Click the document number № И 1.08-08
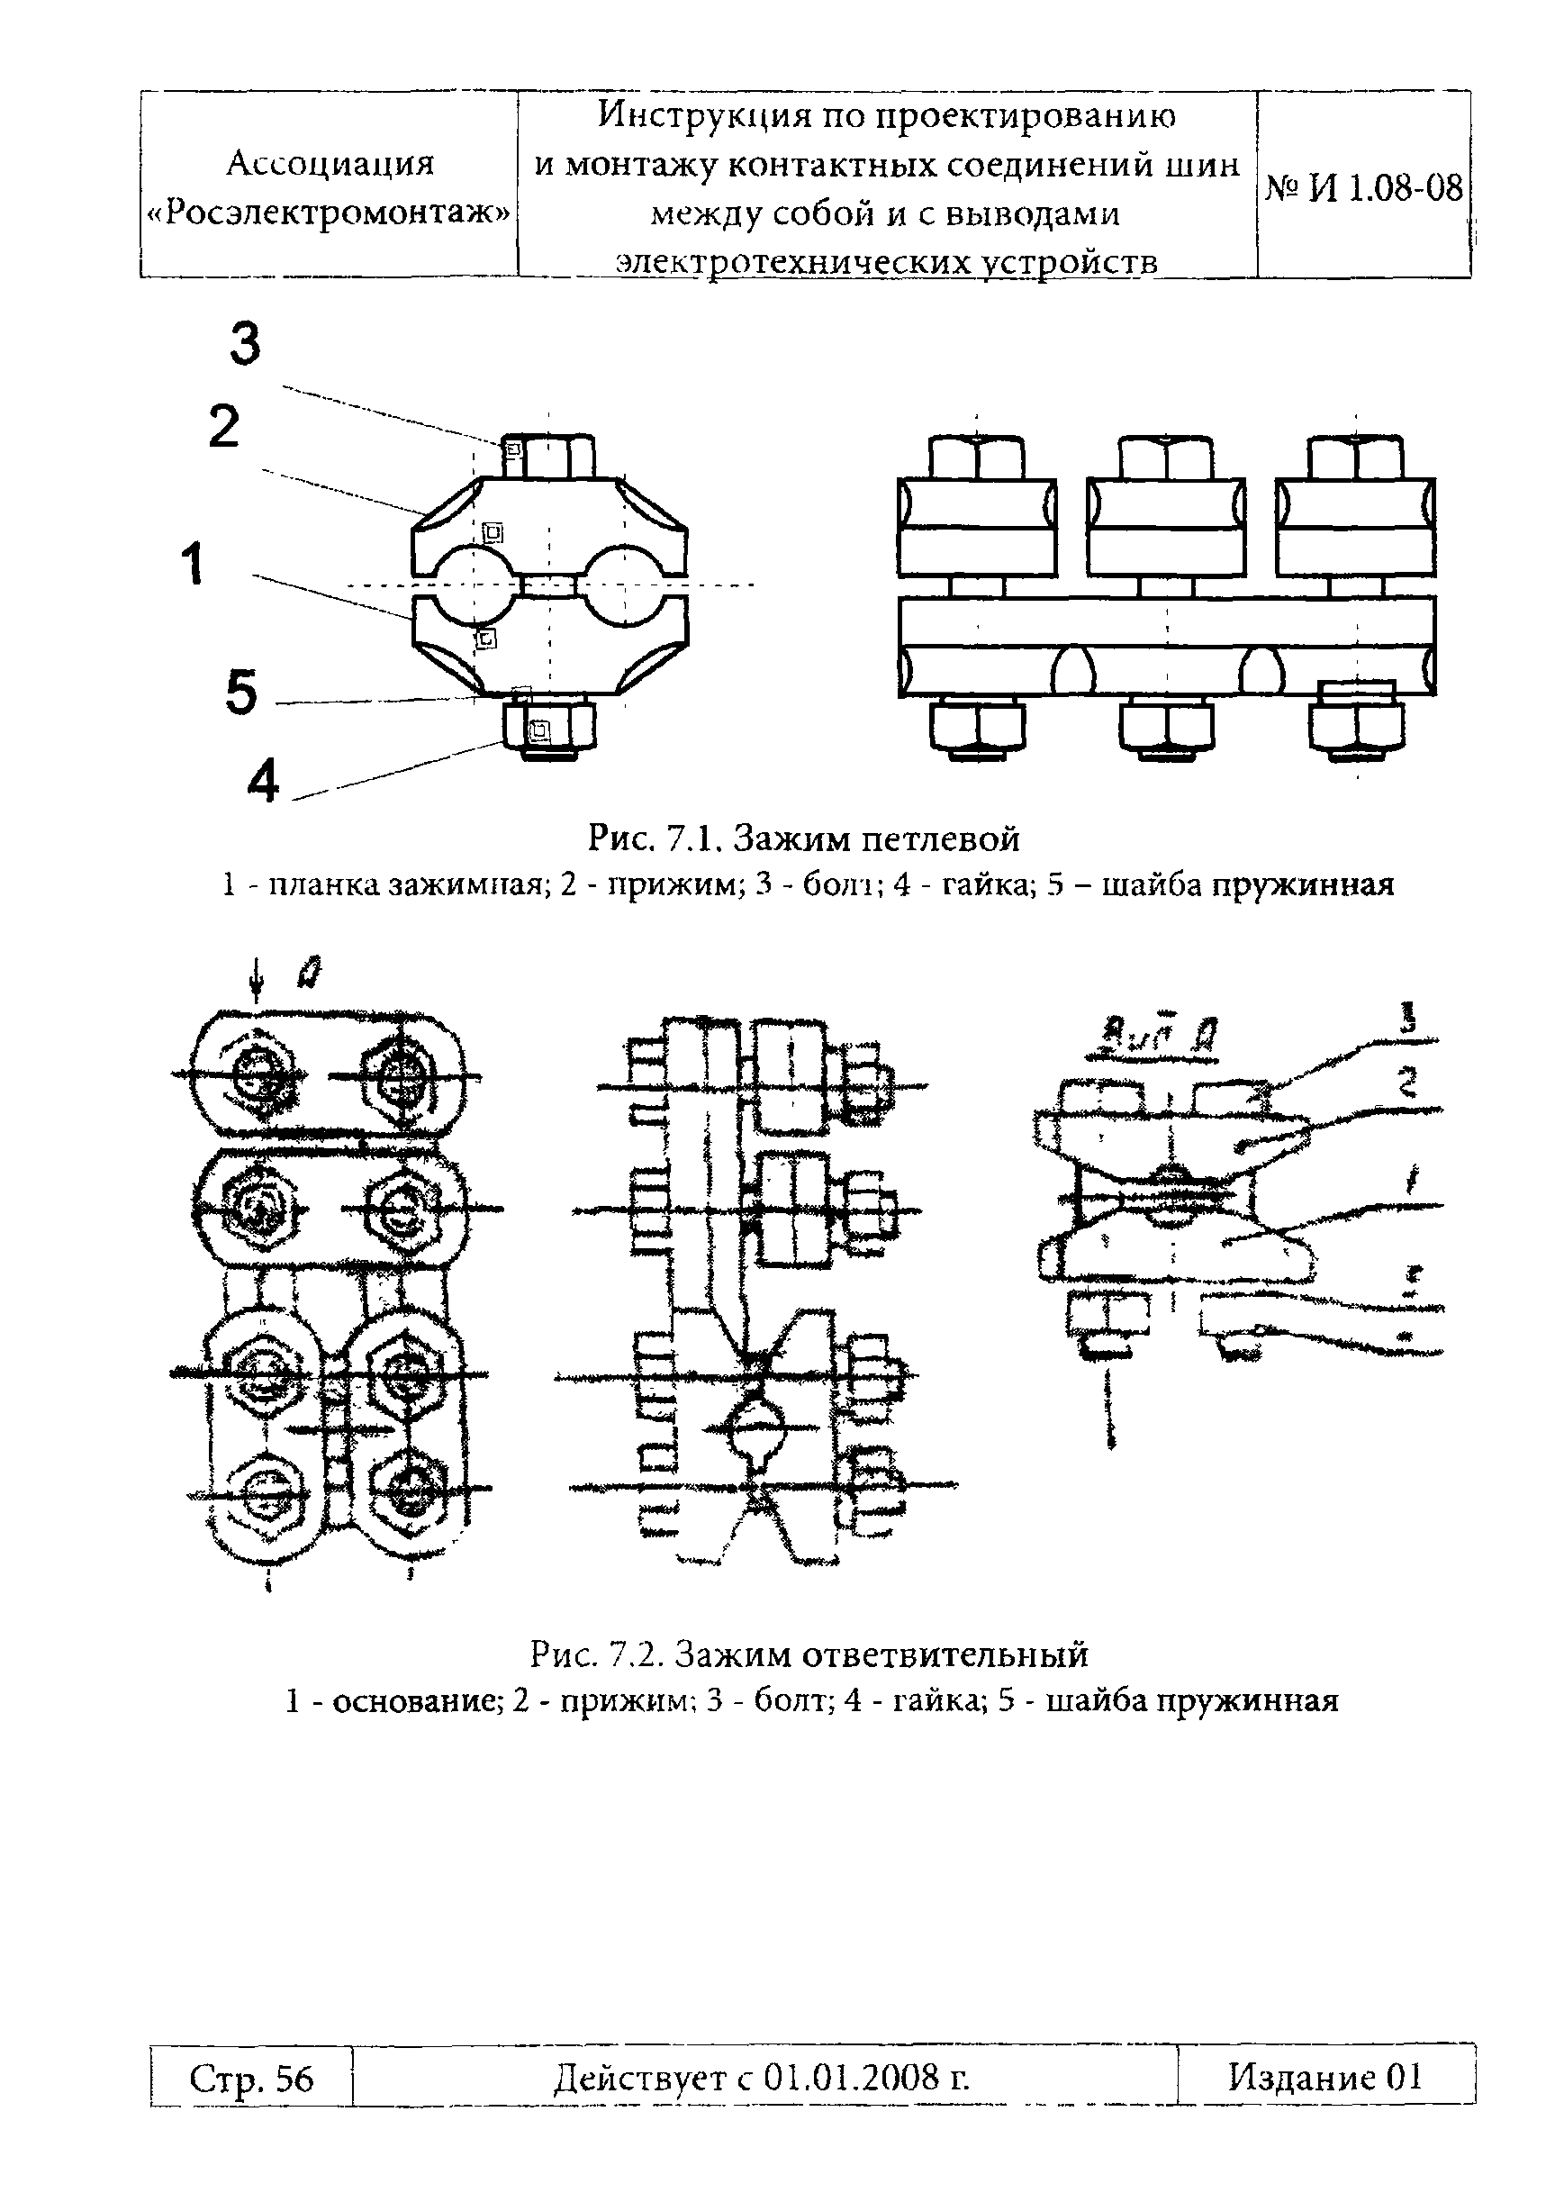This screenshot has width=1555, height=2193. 1364,188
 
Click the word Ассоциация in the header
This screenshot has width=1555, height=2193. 330,164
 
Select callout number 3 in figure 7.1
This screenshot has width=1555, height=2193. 245,345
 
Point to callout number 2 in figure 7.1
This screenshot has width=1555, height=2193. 224,427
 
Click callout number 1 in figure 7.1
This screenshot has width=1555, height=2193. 193,563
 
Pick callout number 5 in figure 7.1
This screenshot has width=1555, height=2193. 241,693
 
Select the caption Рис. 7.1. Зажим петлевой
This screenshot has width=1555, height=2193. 803,838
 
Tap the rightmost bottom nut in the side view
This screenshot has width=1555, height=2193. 1356,727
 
